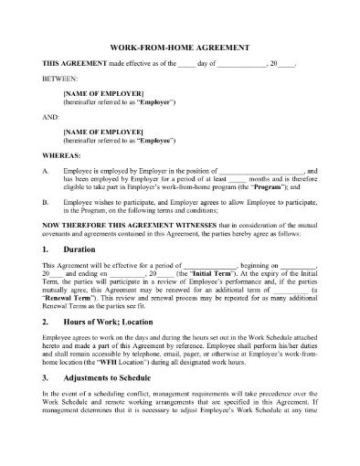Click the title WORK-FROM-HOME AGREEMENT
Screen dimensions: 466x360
[x=181, y=48]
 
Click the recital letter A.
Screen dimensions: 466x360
[x=47, y=171]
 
